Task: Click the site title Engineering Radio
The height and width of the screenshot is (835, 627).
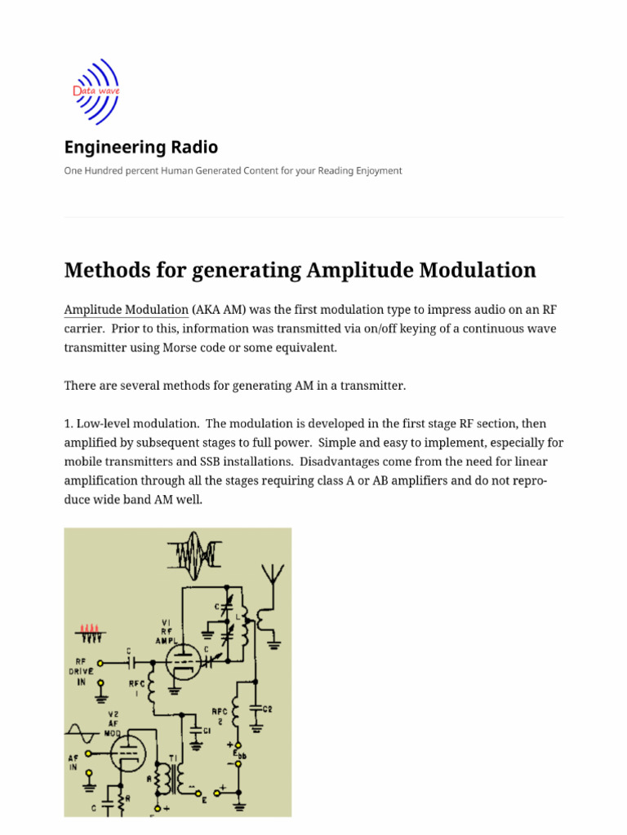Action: pyautogui.click(x=141, y=148)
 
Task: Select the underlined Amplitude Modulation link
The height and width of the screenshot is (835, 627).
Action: pyautogui.click(x=126, y=310)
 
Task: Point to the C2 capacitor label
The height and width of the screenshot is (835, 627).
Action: pyautogui.click(x=268, y=709)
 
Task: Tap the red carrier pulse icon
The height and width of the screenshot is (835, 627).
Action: pyautogui.click(x=87, y=630)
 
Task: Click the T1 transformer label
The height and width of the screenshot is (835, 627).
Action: pyautogui.click(x=172, y=758)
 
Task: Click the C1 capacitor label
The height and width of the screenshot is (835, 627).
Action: pyautogui.click(x=207, y=730)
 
